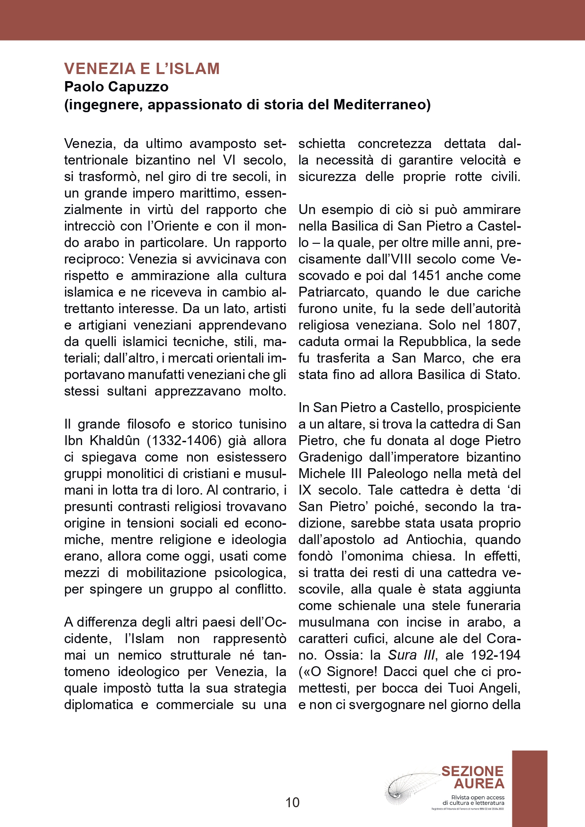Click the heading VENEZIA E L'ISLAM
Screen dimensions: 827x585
(142, 69)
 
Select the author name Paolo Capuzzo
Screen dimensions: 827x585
(116, 87)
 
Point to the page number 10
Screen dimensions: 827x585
(292, 802)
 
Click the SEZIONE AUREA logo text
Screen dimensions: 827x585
(472, 777)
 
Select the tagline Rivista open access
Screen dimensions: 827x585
(478, 797)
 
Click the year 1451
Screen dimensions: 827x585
(428, 276)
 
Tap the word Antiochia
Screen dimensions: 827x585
(436, 540)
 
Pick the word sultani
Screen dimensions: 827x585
(127, 391)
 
